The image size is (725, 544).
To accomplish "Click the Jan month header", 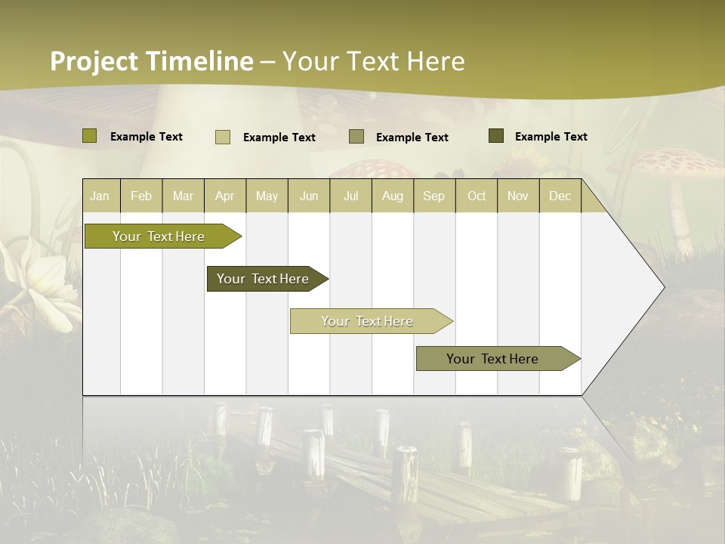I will [100, 196].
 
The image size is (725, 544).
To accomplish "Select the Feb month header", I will [141, 196].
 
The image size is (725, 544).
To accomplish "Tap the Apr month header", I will [224, 196].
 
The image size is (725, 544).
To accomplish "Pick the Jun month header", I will [309, 196].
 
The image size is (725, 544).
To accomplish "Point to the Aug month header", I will [392, 196].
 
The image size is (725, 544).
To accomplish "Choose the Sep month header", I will [433, 196].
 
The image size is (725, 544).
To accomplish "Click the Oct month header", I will [477, 196].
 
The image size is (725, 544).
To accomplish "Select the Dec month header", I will [560, 196].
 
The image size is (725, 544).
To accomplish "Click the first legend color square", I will [90, 136].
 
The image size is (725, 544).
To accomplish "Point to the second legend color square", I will [223, 137].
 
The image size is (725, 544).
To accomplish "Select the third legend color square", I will [356, 137].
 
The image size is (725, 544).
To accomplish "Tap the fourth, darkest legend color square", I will [496, 136].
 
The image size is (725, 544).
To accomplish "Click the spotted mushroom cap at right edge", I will [676, 162].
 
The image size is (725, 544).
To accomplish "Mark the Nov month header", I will [518, 196].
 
